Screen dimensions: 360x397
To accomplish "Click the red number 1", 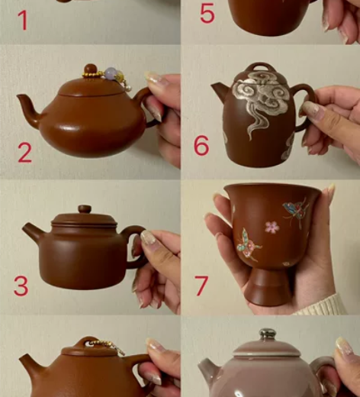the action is coord(23,21).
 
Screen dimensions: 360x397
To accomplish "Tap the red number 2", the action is coord(24,153).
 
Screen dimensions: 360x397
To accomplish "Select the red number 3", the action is coord(21,286).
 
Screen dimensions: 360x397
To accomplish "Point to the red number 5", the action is coord(207,13).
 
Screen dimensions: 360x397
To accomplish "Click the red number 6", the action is coord(201,145).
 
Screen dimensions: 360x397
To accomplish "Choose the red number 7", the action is coord(201,286).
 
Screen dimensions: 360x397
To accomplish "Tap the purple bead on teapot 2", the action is coord(111,73).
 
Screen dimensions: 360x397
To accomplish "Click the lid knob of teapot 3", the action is coord(85,209).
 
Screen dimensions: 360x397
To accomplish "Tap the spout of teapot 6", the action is coord(219,91).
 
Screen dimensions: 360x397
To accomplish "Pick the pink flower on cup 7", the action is coord(271,227).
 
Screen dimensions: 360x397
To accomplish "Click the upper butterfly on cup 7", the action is coord(296,211).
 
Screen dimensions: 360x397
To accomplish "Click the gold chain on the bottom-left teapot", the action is coord(107,346).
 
